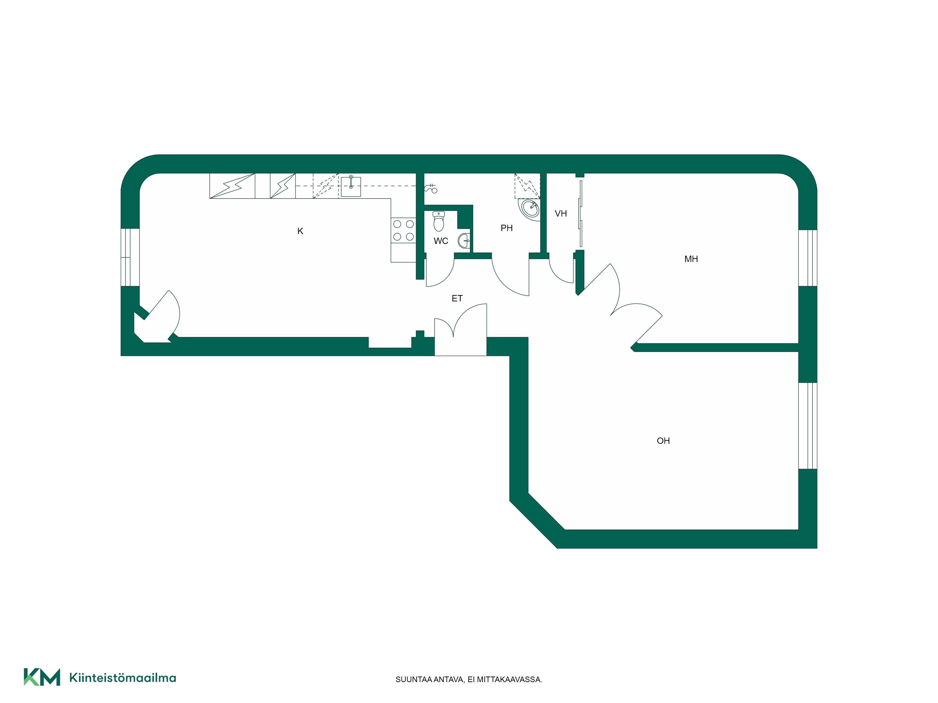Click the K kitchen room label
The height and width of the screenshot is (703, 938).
tap(300, 231)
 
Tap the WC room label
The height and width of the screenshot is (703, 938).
tap(441, 241)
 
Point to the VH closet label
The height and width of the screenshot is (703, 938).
tap(561, 213)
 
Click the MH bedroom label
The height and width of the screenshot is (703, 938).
tap(691, 259)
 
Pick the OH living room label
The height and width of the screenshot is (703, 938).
tap(663, 441)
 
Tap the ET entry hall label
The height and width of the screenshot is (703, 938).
tap(457, 298)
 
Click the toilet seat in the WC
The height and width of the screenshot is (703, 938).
tap(439, 222)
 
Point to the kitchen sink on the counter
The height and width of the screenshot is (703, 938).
tap(351, 187)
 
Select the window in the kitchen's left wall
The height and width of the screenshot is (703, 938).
tap(130, 257)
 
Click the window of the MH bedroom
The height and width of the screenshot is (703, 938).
tap(808, 258)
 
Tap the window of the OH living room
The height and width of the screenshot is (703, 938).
tap(808, 426)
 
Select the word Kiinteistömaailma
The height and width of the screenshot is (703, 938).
tap(123, 678)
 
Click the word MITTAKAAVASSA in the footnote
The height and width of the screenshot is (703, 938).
tap(510, 680)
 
